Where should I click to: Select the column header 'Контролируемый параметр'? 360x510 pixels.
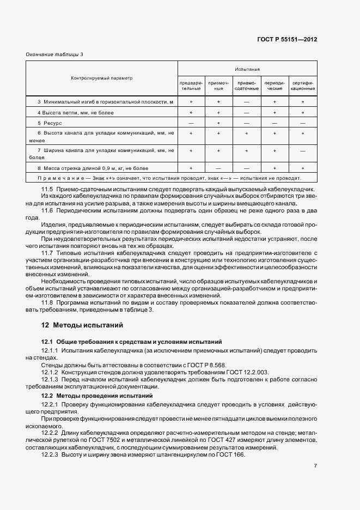(x=102, y=78)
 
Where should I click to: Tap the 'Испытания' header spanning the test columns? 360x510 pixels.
(x=247, y=70)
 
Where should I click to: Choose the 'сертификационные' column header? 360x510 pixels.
(x=302, y=86)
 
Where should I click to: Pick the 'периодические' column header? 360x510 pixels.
(x=274, y=86)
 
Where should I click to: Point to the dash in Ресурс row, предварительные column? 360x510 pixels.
(x=191, y=124)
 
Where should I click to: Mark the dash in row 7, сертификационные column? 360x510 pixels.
(x=302, y=151)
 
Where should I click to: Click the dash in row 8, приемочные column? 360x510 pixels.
(x=218, y=168)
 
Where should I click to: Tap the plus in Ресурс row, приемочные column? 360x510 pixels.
(x=218, y=124)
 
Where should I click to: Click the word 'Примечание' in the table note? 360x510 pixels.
(x=57, y=178)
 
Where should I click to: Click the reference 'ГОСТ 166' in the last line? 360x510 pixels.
(x=233, y=455)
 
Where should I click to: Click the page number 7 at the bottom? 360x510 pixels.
(x=315, y=481)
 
